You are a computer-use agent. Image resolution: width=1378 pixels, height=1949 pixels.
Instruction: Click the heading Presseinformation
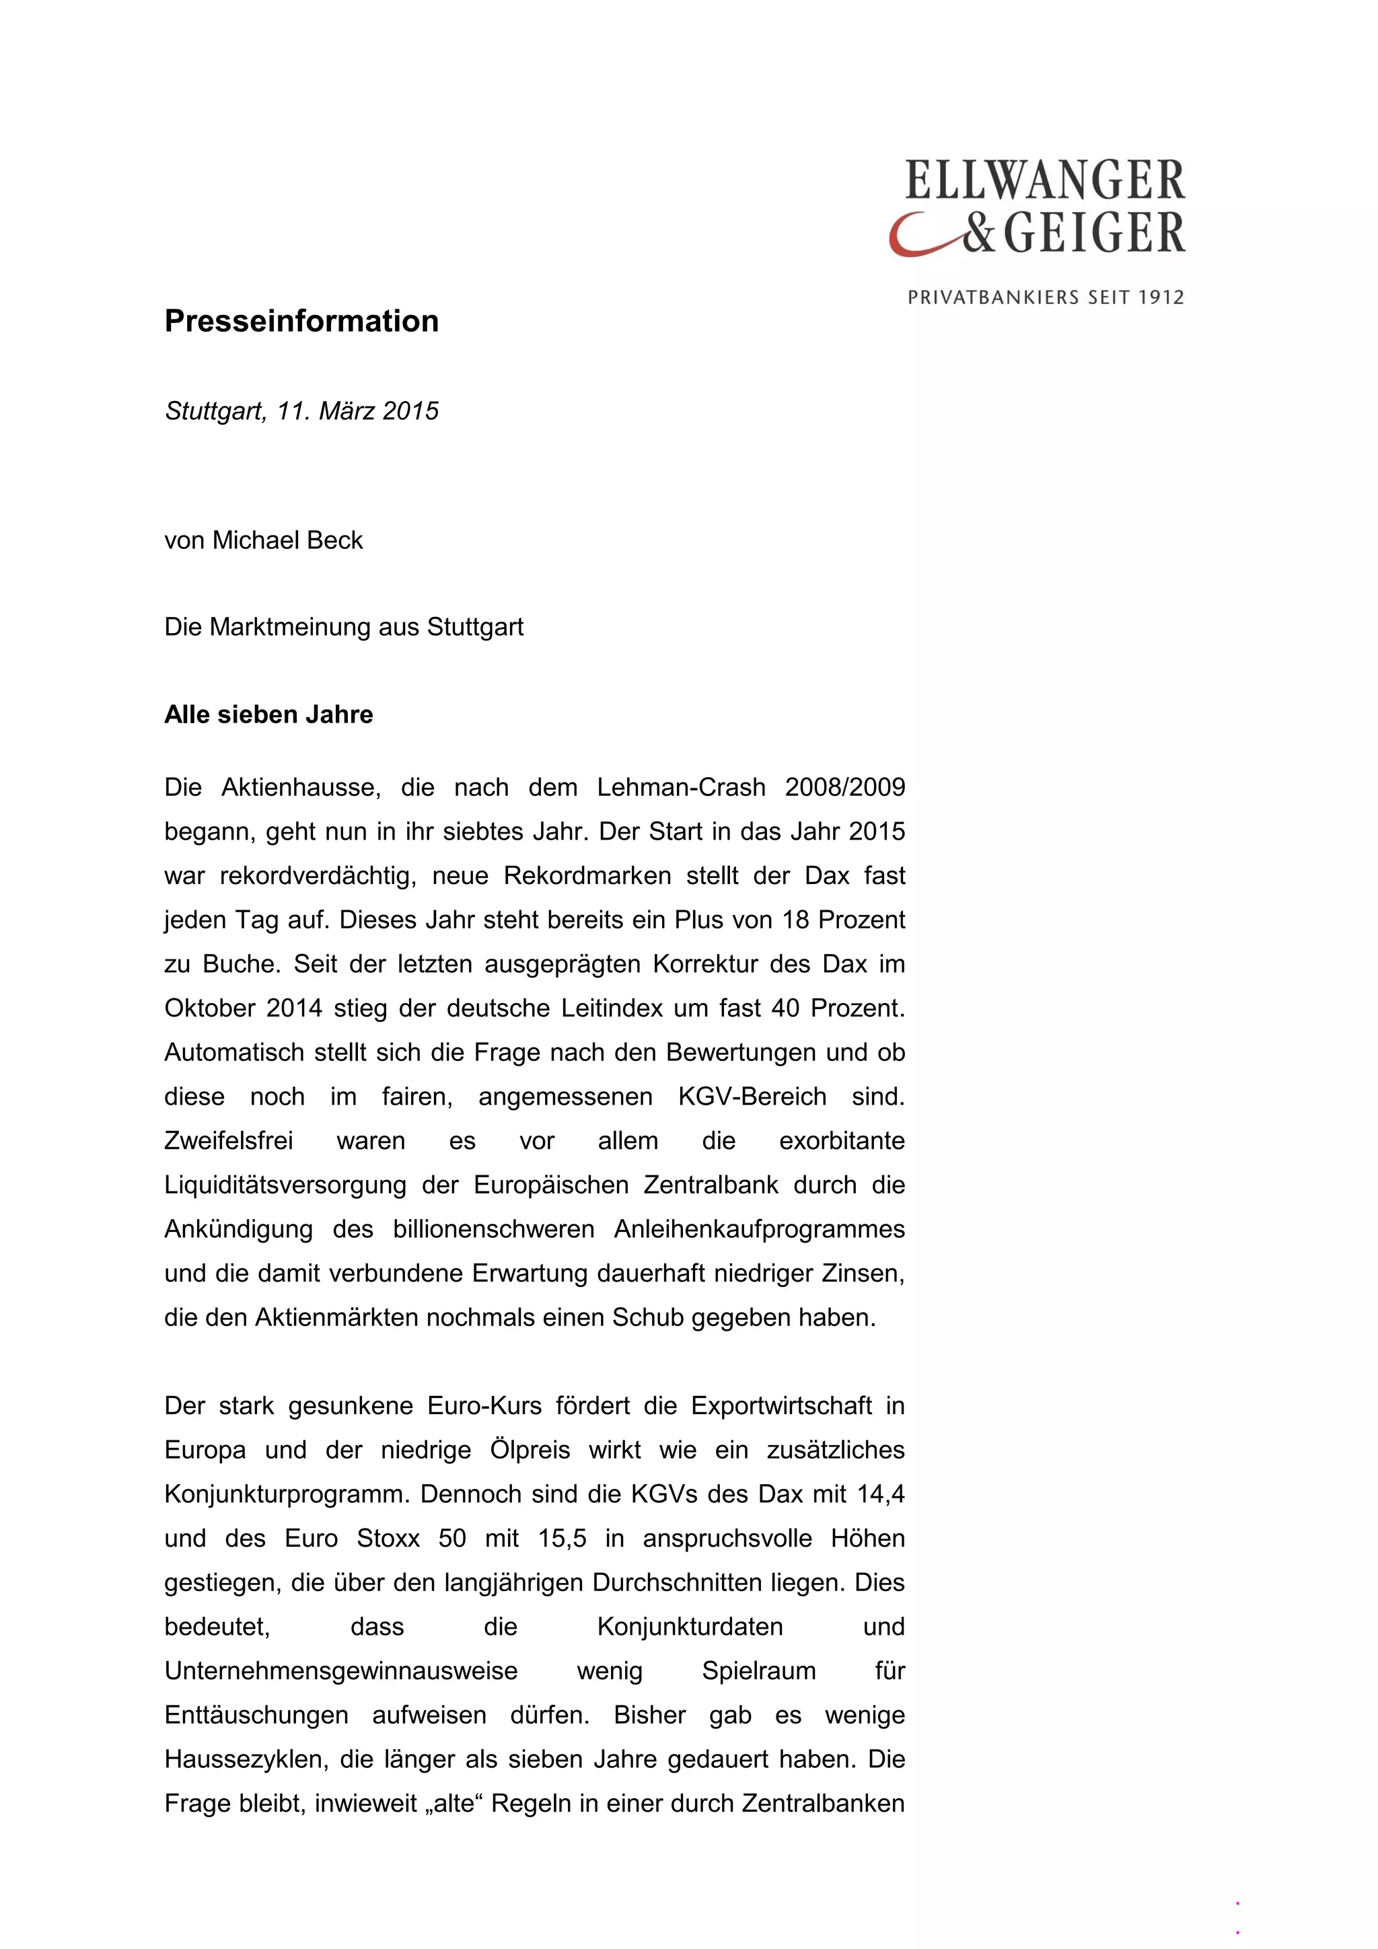pos(301,321)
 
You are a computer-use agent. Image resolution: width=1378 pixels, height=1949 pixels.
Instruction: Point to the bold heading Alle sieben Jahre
pos(268,714)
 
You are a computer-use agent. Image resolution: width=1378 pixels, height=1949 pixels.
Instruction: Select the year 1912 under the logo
pos(1161,298)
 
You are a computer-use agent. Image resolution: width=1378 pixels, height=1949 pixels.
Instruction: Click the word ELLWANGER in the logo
pos(1044,180)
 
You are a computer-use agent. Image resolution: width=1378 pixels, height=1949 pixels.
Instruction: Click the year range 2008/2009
pos(845,788)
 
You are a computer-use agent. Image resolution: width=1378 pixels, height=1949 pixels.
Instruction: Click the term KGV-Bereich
pos(752,1097)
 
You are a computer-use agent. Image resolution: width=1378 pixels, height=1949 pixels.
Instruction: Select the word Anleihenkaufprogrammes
pos(759,1229)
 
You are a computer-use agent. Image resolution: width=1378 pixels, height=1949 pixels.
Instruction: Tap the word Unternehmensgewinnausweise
pos(340,1670)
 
